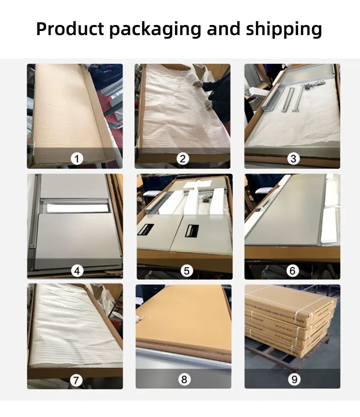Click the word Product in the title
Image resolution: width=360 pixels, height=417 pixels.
pyautogui.click(x=70, y=29)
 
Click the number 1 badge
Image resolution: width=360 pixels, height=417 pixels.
pyautogui.click(x=77, y=159)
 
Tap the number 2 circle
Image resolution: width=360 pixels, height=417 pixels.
pyautogui.click(x=182, y=159)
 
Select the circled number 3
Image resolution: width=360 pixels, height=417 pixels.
pyautogui.click(x=293, y=159)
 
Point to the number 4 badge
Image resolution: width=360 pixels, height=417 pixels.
pyautogui.click(x=77, y=271)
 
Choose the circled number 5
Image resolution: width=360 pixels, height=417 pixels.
pyautogui.click(x=186, y=271)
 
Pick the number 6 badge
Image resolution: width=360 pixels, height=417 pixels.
pyautogui.click(x=292, y=271)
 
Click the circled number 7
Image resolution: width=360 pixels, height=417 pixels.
pyautogui.click(x=77, y=379)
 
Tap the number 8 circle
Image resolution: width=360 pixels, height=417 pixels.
pyautogui.click(x=184, y=379)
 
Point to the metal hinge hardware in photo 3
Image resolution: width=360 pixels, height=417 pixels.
pyautogui.click(x=314, y=84)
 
